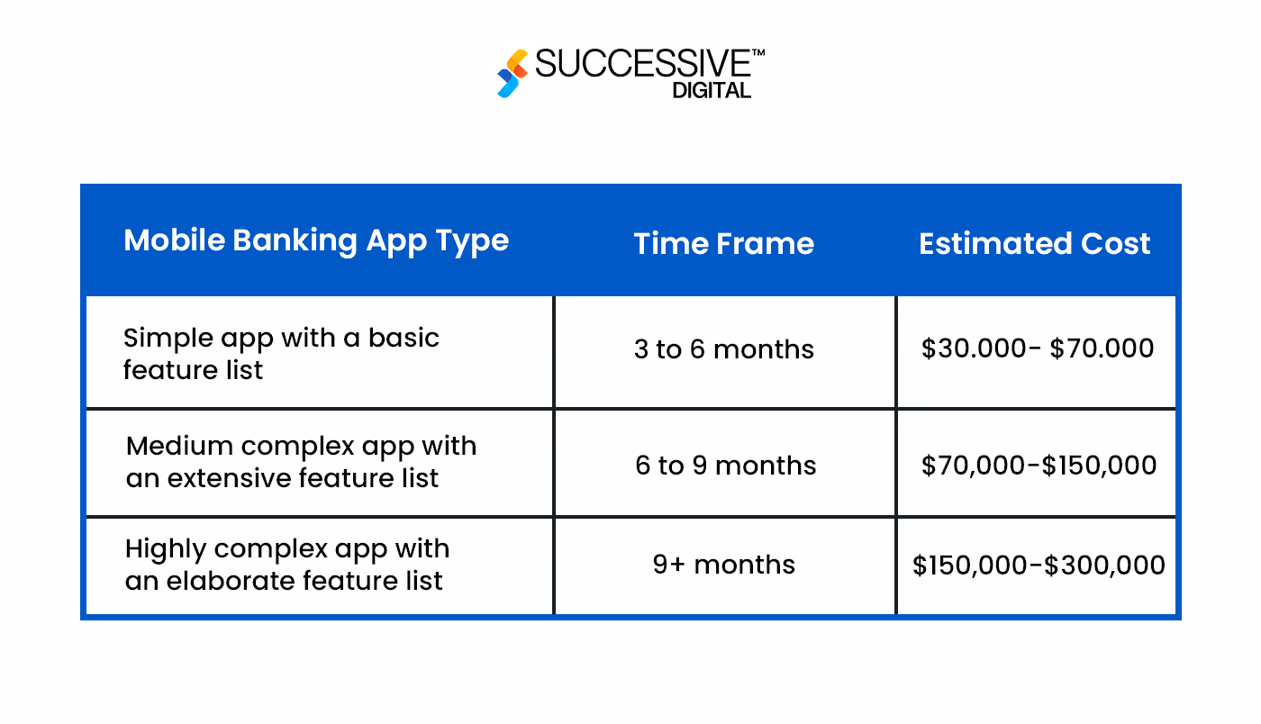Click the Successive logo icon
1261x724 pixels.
513,74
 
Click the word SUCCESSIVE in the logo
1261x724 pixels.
642,65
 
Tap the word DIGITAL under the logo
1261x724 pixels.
711,90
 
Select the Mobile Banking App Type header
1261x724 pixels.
316,240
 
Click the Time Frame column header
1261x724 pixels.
723,243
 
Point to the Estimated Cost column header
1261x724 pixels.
1034,243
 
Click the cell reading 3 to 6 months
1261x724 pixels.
723,349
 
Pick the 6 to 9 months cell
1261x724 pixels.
725,466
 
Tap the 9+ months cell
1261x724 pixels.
723,565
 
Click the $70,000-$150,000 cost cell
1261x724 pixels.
1039,466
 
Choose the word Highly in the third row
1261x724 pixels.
166,549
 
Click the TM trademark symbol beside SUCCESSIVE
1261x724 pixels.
758,53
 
